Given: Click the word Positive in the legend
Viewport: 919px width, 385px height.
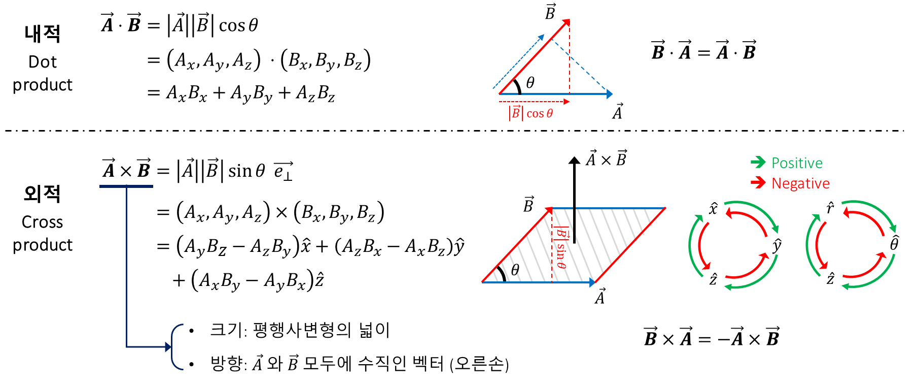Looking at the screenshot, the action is [x=797, y=163].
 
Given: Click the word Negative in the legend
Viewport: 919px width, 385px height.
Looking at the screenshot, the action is [x=800, y=183].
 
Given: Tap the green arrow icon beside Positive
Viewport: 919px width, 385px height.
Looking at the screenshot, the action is [x=758, y=162].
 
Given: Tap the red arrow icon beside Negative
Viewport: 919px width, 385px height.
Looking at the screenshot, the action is [x=758, y=182].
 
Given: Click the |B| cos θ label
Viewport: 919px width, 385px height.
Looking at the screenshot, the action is [x=531, y=113].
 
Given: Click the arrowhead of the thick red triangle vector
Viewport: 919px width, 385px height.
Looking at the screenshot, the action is [x=566, y=23].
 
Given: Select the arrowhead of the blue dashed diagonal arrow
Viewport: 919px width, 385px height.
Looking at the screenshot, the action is [x=542, y=37].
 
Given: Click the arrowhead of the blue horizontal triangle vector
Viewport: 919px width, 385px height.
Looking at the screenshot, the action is [x=610, y=94].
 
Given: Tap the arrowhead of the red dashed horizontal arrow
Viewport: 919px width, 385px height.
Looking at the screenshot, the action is [x=567, y=102].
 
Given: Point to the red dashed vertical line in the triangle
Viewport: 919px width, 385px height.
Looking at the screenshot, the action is [x=570, y=61].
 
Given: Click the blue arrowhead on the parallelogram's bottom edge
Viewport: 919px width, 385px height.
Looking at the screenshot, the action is [x=592, y=282].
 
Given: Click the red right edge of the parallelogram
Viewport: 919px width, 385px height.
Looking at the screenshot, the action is [x=630, y=245].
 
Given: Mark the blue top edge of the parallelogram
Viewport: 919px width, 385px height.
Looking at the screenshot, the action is [x=609, y=208].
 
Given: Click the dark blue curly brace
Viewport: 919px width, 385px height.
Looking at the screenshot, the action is [x=175, y=346].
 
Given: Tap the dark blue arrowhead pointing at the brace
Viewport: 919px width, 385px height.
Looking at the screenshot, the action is [x=168, y=347].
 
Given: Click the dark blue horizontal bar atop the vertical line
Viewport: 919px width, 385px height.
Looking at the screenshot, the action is [x=126, y=186].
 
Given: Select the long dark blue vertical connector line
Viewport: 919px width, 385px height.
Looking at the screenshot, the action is [x=126, y=264].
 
